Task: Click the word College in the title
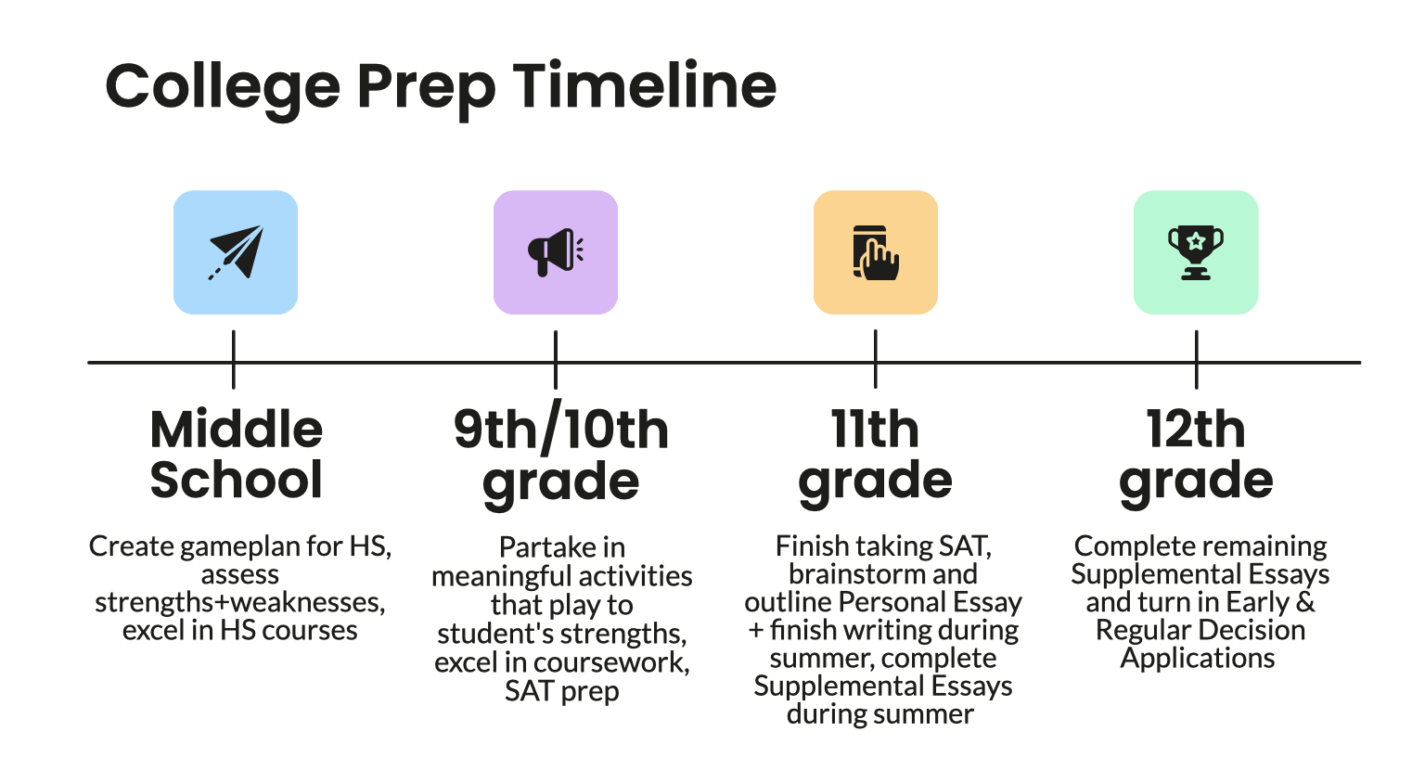point(223,87)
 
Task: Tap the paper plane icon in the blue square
point(236,252)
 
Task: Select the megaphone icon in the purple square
point(555,252)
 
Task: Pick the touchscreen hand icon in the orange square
point(875,252)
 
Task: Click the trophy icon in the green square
point(1195,252)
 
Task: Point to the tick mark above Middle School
point(233,360)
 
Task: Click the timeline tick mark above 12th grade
point(1196,360)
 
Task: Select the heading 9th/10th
point(560,430)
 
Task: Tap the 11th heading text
point(875,430)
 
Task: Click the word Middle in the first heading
point(237,430)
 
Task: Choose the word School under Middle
point(237,480)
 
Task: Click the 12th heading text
point(1196,430)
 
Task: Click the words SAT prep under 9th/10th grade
point(561,691)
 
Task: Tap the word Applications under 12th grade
point(1198,658)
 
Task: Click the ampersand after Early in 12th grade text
point(1305,602)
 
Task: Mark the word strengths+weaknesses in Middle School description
point(238,602)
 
